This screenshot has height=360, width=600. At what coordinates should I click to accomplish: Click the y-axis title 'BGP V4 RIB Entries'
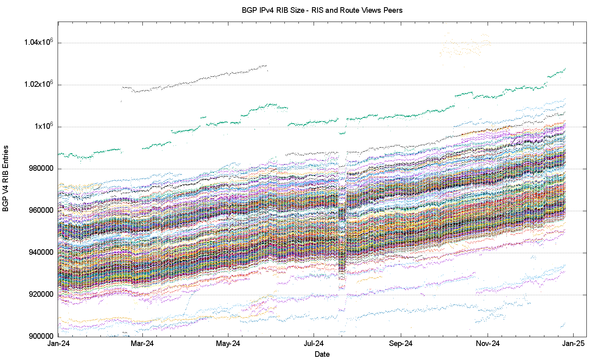pos(6,178)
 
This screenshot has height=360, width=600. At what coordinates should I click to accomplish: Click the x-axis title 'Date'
pos(322,354)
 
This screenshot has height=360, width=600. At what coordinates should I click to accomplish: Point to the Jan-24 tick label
pos(58,344)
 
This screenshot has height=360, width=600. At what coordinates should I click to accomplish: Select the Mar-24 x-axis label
pos(142,344)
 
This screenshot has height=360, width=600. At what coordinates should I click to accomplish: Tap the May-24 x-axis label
pos(228,344)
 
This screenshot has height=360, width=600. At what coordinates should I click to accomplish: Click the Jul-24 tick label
pos(314,344)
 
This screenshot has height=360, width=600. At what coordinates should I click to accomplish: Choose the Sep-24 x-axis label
pos(401,344)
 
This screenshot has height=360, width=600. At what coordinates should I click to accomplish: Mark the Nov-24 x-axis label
pos(488,344)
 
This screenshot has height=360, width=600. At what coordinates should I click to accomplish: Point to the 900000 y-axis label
pos(41,336)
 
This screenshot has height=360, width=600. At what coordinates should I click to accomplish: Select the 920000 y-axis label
pos(41,294)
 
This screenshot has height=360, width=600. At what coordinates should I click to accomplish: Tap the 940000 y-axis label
pos(41,252)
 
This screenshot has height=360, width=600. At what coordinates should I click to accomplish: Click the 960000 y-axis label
pos(41,210)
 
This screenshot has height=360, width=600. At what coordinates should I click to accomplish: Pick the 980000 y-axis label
pos(41,168)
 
